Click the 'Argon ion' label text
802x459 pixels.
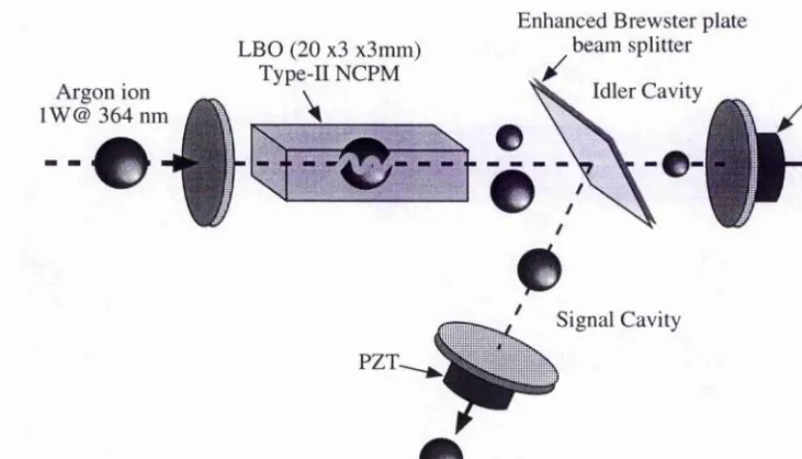(103, 93)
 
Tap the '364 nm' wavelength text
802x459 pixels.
(133, 116)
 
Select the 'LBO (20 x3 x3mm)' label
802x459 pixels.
(329, 50)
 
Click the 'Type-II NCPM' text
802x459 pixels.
(330, 73)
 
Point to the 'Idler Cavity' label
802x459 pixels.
(647, 92)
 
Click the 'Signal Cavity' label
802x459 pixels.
(618, 320)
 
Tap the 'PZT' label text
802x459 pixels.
(378, 362)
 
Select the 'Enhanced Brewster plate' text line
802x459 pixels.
(632, 22)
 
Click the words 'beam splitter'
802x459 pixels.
(632, 46)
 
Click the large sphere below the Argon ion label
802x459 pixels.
(122, 162)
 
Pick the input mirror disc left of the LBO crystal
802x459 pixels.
(208, 162)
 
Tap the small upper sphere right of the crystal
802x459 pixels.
(509, 138)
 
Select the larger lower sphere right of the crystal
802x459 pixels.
(512, 191)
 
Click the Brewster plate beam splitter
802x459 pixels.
(592, 152)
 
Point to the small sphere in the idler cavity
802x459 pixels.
(675, 164)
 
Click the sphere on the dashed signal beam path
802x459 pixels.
(539, 270)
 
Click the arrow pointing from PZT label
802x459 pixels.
(420, 371)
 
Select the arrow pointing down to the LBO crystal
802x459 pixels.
(312, 107)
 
